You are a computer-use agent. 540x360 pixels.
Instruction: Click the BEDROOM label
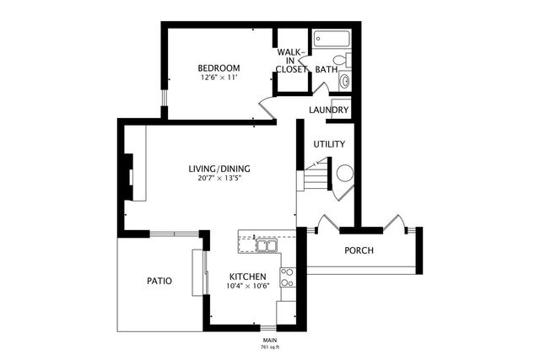(x=219, y=68)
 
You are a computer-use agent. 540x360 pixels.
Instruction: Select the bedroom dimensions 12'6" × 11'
(x=219, y=78)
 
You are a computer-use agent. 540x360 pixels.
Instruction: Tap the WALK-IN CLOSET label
(x=292, y=61)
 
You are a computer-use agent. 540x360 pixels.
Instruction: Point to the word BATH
(x=326, y=69)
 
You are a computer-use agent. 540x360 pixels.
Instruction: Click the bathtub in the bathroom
(x=332, y=40)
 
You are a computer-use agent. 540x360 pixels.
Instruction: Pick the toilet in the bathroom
(x=339, y=60)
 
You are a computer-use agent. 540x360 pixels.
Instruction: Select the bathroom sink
(x=344, y=82)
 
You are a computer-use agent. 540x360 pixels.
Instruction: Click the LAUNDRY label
(x=329, y=110)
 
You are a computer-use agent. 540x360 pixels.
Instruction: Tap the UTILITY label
(x=329, y=144)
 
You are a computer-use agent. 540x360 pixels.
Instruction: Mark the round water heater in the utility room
(x=345, y=174)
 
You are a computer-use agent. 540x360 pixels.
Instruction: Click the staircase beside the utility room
(x=316, y=178)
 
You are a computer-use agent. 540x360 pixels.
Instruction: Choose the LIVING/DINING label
(x=219, y=169)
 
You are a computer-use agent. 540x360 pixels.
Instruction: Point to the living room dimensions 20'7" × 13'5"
(x=219, y=178)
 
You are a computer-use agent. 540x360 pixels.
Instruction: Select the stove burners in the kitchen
(x=287, y=277)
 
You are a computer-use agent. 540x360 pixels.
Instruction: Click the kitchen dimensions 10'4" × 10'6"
(x=247, y=286)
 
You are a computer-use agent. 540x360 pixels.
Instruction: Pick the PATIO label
(x=159, y=281)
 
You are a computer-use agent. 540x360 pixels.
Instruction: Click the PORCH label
(x=359, y=250)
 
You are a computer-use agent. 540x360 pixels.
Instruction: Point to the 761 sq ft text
(x=269, y=347)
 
